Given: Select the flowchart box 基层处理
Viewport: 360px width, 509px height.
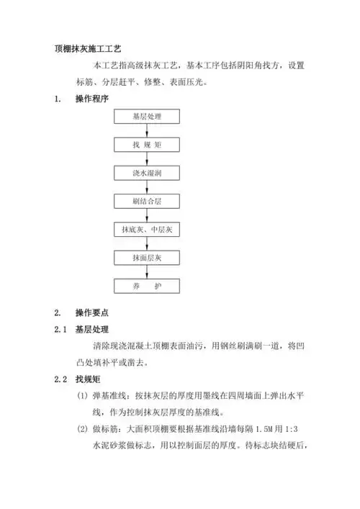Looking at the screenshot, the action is [x=148, y=116].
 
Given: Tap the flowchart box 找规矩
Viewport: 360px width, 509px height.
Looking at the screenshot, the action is [x=148, y=145].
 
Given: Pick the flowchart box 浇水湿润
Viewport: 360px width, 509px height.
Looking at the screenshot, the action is [x=148, y=174].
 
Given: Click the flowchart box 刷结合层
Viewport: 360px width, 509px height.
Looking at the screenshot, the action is [x=148, y=202].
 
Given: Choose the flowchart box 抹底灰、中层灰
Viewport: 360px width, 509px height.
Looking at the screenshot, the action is [x=148, y=230].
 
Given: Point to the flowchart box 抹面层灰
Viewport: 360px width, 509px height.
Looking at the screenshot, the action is [x=148, y=258].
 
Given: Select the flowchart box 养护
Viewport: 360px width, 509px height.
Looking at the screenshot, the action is [x=148, y=287].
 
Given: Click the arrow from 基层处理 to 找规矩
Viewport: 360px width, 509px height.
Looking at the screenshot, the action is [x=148, y=130].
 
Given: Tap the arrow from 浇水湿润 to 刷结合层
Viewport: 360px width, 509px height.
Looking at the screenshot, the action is [x=148, y=187].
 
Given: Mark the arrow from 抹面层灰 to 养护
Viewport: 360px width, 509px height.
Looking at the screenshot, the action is [x=148, y=272].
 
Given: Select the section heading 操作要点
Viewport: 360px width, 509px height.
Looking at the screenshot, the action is [x=91, y=312].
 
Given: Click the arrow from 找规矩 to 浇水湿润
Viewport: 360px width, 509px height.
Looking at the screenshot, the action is [x=148, y=159].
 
